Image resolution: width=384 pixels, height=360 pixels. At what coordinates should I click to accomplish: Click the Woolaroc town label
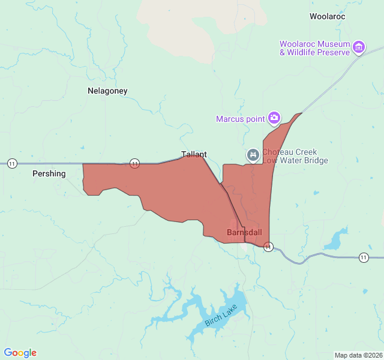pos(327,17)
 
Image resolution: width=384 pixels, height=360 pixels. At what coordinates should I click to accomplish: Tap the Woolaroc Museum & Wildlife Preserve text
pos(314,48)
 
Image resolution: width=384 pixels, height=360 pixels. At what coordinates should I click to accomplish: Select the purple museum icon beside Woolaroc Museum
pos(359,47)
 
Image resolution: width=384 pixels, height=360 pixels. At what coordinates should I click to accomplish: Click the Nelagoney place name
pos(107,91)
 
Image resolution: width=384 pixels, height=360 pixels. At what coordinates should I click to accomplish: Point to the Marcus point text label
pos(240,119)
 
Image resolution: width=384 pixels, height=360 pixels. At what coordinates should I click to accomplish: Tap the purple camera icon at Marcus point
pos(274,118)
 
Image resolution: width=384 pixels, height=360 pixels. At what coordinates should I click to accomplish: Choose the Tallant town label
pos(194,154)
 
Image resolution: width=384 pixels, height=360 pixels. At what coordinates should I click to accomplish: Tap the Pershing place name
pos(49,173)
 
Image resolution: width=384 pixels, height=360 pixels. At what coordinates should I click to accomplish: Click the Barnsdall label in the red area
pos(244,232)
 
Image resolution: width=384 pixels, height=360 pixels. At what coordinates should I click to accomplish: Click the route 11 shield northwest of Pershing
pos(12,163)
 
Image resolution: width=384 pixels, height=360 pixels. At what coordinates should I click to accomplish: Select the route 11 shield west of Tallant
pos(134,163)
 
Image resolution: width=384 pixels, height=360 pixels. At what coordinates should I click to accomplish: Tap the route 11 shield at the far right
pos(364,257)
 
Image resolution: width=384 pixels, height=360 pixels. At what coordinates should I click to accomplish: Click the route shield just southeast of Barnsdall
pos(268,247)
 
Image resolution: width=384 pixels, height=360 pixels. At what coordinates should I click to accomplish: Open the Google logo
pos(20,353)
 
